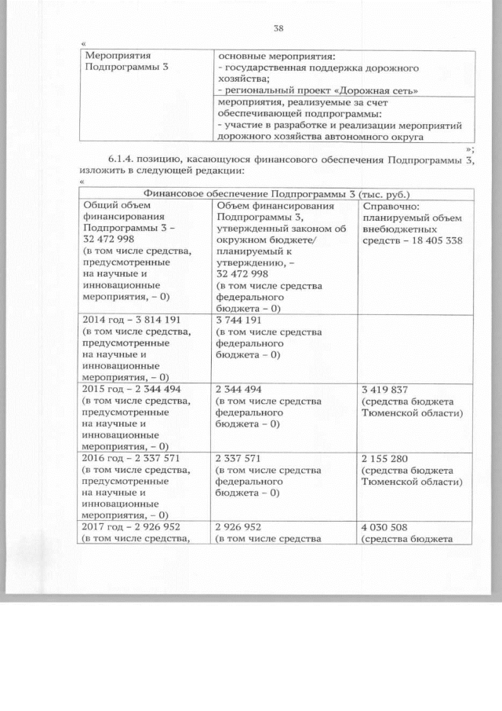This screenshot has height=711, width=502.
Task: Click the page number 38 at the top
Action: (278, 29)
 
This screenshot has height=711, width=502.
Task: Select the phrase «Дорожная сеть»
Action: (384, 90)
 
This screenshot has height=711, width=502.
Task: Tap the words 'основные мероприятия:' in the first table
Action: (275, 56)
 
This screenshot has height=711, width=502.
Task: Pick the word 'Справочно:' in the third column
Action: (386, 206)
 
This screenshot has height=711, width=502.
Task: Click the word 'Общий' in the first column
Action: (99, 206)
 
